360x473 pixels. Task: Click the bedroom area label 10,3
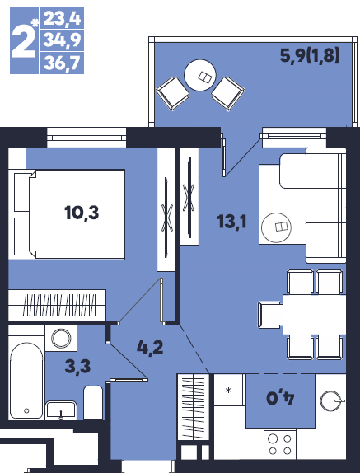pos(82,213)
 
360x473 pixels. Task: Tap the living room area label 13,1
pos(231,222)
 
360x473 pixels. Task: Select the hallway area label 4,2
pos(150,348)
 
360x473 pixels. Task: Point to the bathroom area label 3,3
pos(77,368)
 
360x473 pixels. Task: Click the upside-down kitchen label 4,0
pos(280,398)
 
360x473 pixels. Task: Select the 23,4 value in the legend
pos(63,18)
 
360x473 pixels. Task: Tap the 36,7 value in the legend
pos(63,63)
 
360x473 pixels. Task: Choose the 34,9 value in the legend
pos(63,40)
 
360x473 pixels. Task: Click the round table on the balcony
pos(200,75)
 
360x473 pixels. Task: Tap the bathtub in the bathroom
pos(26,381)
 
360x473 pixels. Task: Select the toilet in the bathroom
pos(93,402)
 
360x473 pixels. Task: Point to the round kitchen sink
pos(330,401)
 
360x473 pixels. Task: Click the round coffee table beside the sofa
pos(276,227)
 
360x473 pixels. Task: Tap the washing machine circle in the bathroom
pos(61,338)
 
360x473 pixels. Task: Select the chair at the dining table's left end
pos(270,315)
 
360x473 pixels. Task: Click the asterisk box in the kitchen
pos(229,390)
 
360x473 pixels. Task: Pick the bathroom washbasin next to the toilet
pos(61,410)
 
